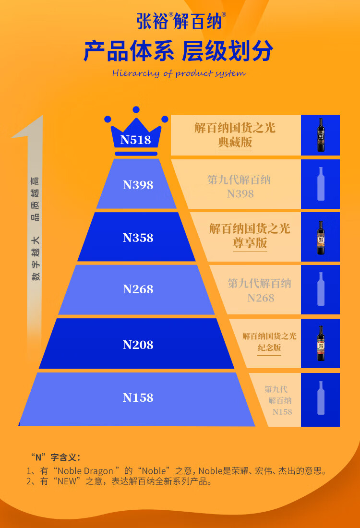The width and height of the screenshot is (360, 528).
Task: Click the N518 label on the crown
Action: click(136, 140)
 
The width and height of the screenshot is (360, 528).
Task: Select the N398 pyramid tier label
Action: click(138, 185)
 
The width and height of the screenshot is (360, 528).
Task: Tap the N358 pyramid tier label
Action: click(138, 238)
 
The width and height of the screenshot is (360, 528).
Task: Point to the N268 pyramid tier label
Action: click(138, 289)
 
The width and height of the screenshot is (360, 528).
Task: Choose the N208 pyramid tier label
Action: click(138, 345)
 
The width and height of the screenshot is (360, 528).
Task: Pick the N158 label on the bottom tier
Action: click(138, 398)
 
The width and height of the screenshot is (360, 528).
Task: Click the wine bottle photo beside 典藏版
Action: click(321, 135)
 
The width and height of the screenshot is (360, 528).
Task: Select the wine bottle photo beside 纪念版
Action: click(321, 343)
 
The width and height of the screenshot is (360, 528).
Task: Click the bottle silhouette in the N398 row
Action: click(321, 184)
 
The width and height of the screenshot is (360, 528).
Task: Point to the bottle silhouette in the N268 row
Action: click(321, 289)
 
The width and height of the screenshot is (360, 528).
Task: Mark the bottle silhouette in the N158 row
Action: click(321, 398)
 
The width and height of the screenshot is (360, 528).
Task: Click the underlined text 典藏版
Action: click(235, 143)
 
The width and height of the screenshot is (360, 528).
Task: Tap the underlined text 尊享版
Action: click(250, 243)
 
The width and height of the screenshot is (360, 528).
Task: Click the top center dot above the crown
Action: click(136, 110)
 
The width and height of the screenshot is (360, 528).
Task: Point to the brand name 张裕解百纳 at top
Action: click(181, 21)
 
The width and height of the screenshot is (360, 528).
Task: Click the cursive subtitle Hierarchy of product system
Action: click(179, 73)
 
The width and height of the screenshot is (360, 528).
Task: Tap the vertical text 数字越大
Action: click(36, 258)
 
